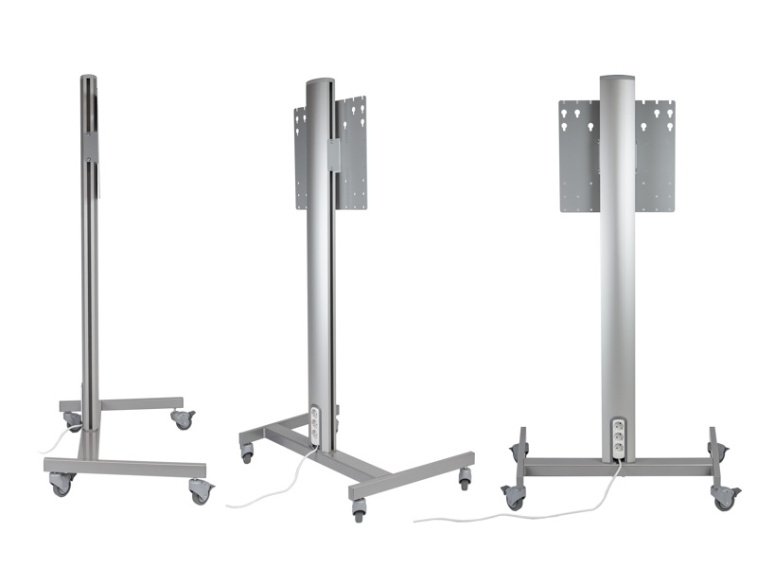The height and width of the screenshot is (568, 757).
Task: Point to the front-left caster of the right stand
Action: click(x=515, y=495)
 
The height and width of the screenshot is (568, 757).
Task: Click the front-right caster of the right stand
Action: click(x=725, y=495)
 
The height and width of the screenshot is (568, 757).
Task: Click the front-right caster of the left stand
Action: click(x=201, y=490)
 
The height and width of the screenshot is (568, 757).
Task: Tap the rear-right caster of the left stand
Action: click(x=182, y=417)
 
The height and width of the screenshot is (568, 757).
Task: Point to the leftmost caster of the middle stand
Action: click(x=248, y=453)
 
